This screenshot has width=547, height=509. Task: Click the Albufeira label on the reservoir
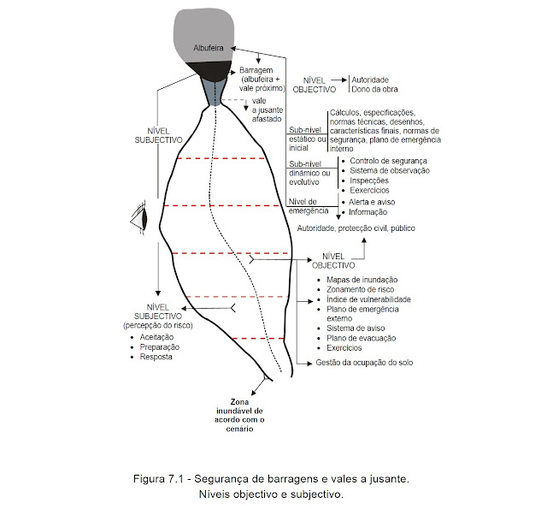click(x=209, y=48)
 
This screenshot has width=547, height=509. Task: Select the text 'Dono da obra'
click(x=375, y=89)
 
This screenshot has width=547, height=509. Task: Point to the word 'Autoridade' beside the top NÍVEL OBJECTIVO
click(x=371, y=78)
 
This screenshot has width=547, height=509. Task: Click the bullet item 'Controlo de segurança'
click(x=382, y=160)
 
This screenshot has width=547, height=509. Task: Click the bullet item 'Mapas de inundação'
click(x=362, y=280)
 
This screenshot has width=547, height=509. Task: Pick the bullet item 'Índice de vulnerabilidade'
click(x=368, y=299)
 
